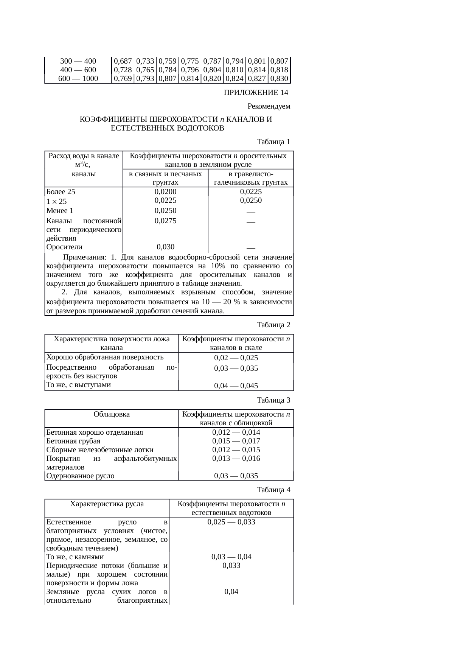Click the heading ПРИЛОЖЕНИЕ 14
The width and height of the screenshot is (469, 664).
pyautogui.click(x=256, y=93)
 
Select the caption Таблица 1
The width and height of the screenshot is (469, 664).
pyautogui.click(x=273, y=142)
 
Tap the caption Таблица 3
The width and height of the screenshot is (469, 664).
pyautogui.click(x=273, y=400)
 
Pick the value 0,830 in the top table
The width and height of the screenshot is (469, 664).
pyautogui.click(x=280, y=79)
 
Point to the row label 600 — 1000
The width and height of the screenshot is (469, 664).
pyautogui.click(x=78, y=79)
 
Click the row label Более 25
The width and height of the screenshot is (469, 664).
pyautogui.click(x=61, y=191)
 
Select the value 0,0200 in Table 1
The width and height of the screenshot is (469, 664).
pyautogui.click(x=166, y=191)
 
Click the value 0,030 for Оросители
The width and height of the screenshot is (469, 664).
pyautogui.click(x=166, y=247)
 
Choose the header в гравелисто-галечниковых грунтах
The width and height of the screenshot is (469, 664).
pyautogui.click(x=251, y=178)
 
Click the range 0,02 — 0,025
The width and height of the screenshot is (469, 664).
pyautogui.click(x=236, y=358)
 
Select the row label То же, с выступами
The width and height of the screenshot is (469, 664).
pyautogui.click(x=78, y=385)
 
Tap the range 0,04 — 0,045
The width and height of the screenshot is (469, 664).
pyautogui.click(x=236, y=386)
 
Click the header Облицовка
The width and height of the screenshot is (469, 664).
pyautogui.click(x=112, y=414)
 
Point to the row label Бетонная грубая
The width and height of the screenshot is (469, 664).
pyautogui.click(x=73, y=441)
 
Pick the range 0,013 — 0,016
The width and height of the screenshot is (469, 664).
pyautogui.click(x=236, y=459)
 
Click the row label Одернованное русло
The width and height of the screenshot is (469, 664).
pyautogui.click(x=80, y=476)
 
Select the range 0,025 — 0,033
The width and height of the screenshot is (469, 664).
pyautogui.click(x=231, y=522)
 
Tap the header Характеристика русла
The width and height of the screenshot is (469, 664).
pyautogui.click(x=107, y=504)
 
